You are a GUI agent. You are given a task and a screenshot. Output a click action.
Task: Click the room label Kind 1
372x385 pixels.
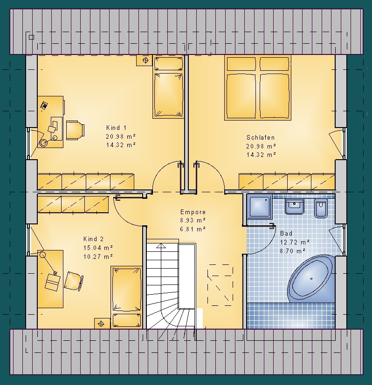tap(116, 128)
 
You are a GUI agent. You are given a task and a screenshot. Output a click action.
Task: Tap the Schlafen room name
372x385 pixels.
tap(261, 137)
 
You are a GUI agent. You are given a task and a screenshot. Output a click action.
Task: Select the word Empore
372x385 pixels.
tap(193, 212)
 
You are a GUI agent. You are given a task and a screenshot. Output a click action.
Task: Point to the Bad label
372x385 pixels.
tap(286, 233)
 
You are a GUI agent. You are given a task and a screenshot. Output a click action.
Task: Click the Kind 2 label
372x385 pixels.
tap(93, 239)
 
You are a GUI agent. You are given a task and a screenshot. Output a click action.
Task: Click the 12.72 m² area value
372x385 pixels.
tap(295, 243)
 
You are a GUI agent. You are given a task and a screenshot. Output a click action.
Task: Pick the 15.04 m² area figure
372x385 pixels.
tap(98, 248)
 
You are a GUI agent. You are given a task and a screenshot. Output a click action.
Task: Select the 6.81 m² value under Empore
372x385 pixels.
tap(193, 229)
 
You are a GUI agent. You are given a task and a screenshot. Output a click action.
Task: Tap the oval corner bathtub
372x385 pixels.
tap(311, 279)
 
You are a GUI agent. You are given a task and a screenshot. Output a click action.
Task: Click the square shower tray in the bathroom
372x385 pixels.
tap(259, 207)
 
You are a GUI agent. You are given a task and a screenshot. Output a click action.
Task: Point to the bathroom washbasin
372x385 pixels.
tap(294, 206)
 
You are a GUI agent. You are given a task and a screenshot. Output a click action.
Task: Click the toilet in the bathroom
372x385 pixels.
tap(321, 208)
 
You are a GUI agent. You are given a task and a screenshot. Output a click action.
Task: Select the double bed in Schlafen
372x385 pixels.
tap(258, 88)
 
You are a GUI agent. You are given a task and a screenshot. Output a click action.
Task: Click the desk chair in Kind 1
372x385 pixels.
tap(75, 130)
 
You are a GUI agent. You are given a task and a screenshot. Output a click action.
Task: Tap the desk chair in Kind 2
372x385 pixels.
tap(74, 281)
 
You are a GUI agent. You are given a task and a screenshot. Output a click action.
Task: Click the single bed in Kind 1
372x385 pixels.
tap(168, 87)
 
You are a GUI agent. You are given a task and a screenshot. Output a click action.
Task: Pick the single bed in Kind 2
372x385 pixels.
tap(127, 297)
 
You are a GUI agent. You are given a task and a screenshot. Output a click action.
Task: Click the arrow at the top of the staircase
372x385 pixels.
tap(161, 245)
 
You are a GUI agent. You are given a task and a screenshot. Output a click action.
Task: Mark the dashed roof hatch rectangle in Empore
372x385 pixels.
tap(220, 285)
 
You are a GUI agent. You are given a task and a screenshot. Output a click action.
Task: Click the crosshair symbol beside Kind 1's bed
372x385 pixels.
tap(145, 60)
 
